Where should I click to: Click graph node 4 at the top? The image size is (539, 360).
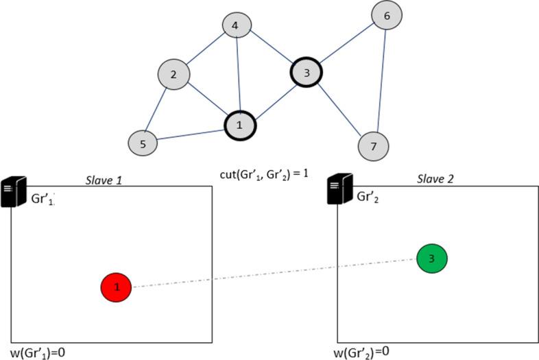(x=235, y=27)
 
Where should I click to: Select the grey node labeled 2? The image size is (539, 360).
(x=173, y=75)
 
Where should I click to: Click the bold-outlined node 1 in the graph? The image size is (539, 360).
(x=240, y=125)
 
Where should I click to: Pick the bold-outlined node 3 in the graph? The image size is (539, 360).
(x=307, y=71)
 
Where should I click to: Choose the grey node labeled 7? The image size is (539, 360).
(x=374, y=145)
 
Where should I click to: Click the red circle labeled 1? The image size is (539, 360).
(x=117, y=287)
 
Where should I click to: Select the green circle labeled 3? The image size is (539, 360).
(x=432, y=258)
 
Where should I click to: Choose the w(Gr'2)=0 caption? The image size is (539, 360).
(x=362, y=352)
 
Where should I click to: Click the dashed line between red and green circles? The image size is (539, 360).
(x=274, y=272)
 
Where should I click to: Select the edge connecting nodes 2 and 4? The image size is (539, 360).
(x=204, y=51)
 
